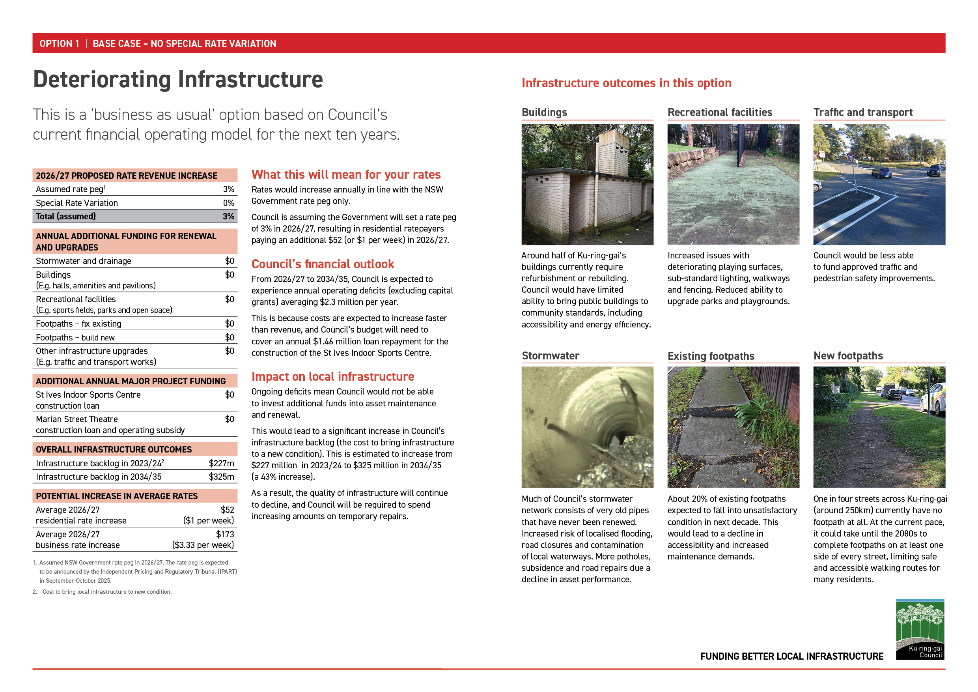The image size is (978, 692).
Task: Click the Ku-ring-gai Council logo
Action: [920, 629]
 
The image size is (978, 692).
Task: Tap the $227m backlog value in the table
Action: [221, 463]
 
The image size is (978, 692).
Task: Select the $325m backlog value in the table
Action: [221, 477]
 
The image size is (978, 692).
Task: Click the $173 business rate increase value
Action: [225, 534]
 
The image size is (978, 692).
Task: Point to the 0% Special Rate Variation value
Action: [228, 203]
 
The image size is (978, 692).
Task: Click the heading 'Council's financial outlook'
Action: [323, 264]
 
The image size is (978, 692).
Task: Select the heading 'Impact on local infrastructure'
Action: [332, 377]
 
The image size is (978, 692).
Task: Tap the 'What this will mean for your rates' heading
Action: [346, 175]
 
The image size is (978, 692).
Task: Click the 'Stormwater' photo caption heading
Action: [551, 356]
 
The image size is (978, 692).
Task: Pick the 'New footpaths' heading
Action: [847, 356]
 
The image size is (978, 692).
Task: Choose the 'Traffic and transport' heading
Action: [862, 112]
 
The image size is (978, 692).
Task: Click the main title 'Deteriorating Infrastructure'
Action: [178, 80]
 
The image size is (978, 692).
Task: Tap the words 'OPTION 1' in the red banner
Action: [59, 43]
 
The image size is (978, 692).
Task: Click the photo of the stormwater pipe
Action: [587, 427]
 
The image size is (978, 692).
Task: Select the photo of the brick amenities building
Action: [587, 184]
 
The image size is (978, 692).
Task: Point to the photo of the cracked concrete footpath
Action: [733, 427]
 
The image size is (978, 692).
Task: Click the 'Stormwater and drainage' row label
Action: [84, 261]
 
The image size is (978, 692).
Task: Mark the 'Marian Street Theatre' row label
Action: [77, 419]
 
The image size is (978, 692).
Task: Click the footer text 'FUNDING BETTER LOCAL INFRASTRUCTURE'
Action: [791, 656]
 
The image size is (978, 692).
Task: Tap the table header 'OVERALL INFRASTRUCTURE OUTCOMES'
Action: [114, 449]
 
